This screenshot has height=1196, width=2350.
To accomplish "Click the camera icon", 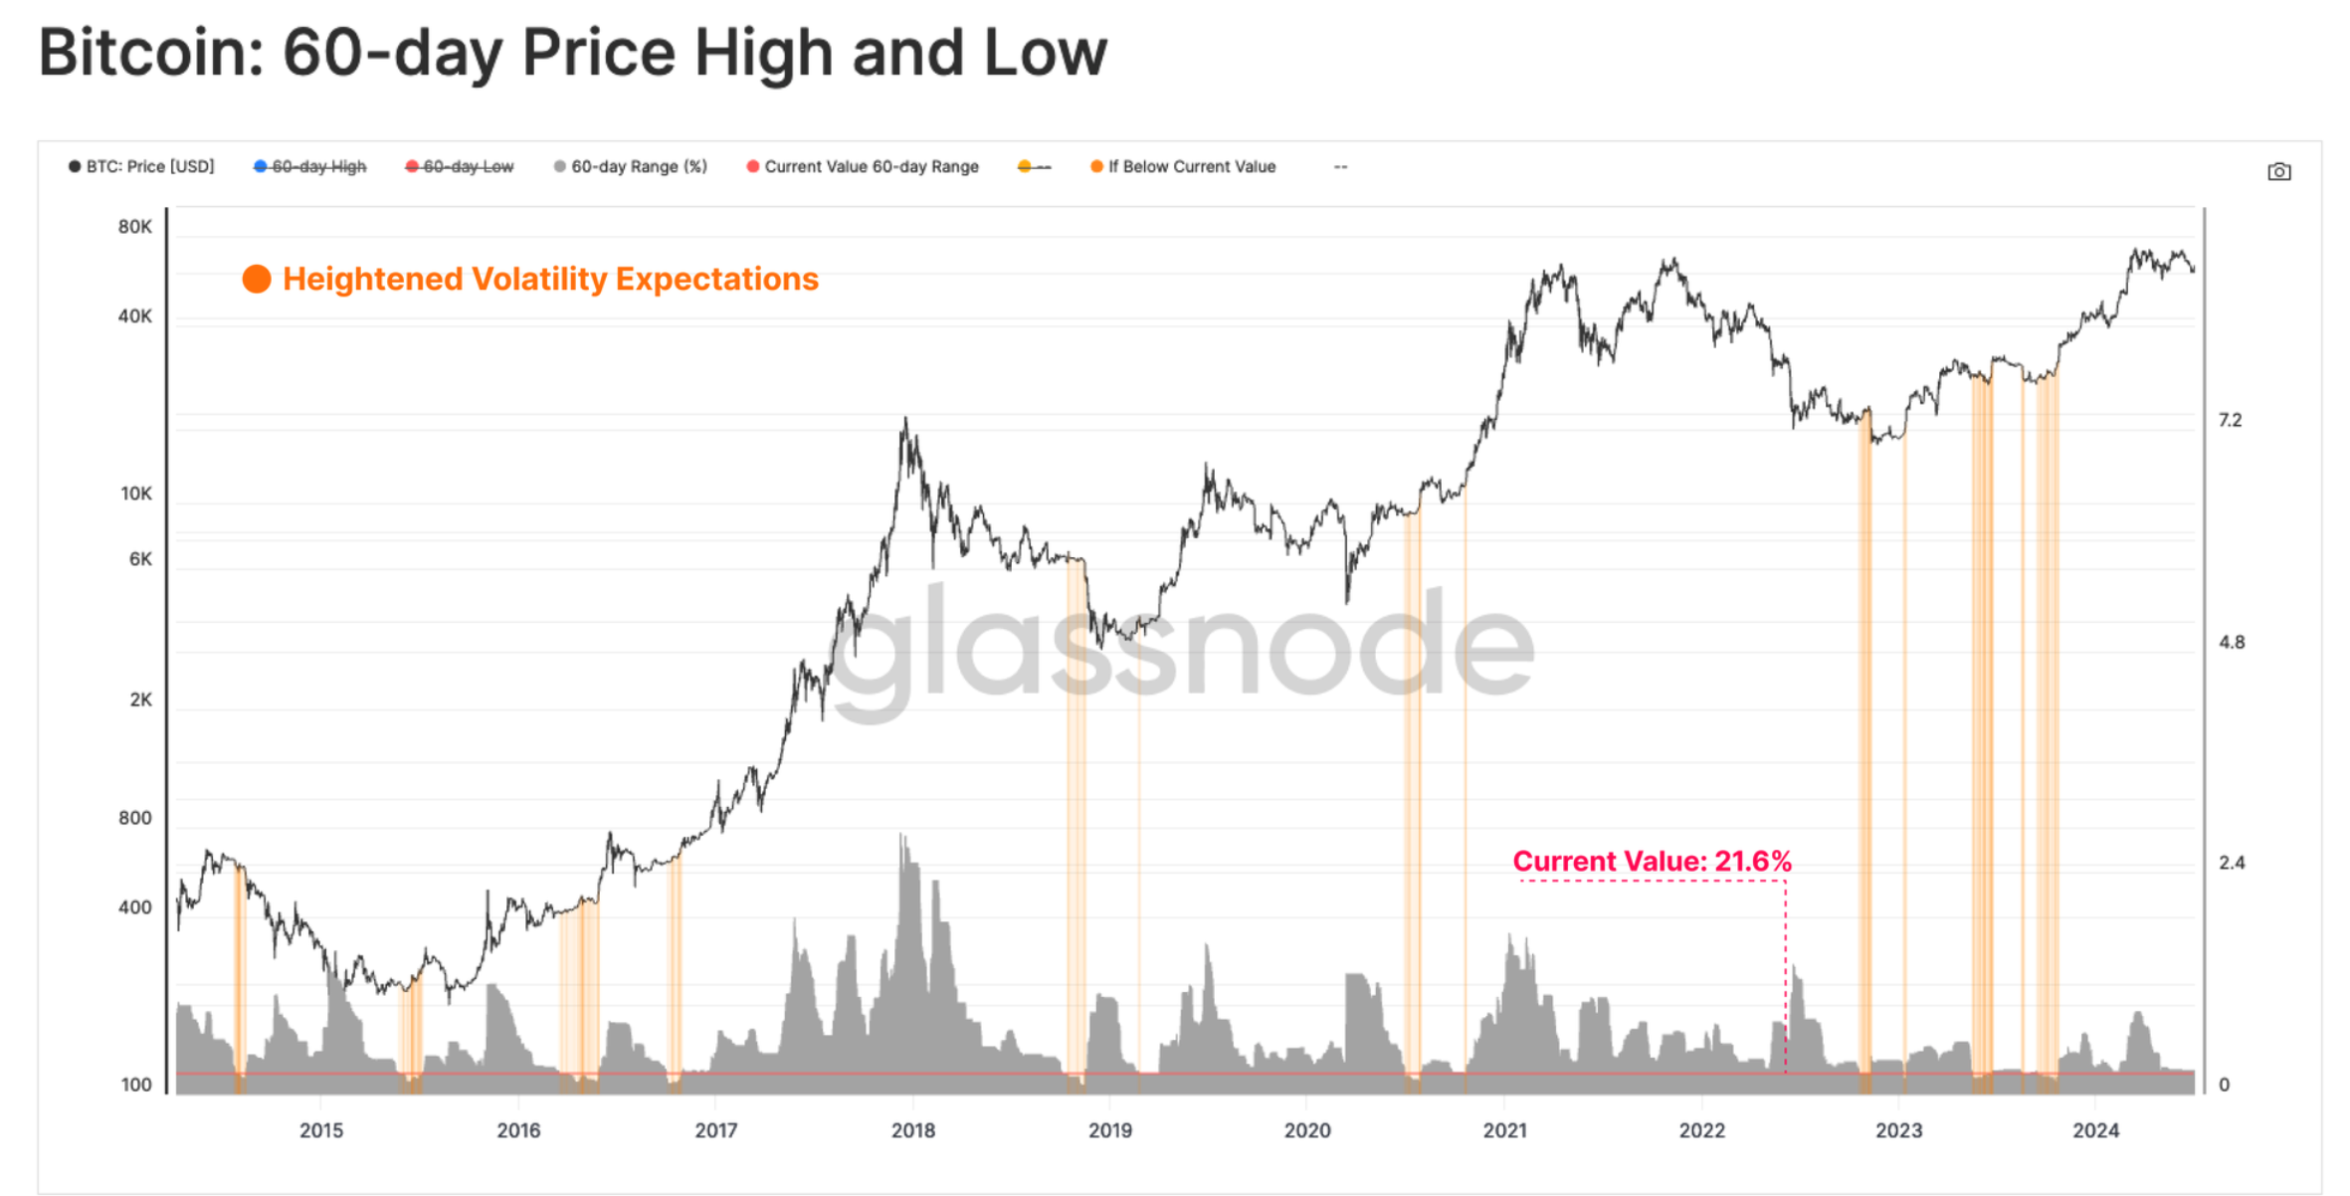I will (x=2278, y=172).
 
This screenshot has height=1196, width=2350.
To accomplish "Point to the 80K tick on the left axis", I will (x=135, y=227).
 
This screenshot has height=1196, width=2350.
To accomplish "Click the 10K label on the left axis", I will (x=136, y=494).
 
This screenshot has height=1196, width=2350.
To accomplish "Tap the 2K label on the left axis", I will (x=141, y=699).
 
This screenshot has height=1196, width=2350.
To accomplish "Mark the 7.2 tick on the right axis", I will (x=2230, y=420).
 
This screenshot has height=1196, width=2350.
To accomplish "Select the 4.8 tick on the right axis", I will (x=2232, y=642).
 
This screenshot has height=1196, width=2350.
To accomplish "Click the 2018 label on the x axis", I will (x=912, y=1130).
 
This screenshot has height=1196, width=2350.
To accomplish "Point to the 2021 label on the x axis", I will (x=1504, y=1130).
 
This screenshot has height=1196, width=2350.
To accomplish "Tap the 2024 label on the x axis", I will (x=2095, y=1130).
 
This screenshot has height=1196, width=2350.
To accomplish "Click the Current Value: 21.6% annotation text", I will (x=1652, y=861).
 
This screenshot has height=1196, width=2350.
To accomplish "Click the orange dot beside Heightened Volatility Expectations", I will (x=257, y=279).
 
